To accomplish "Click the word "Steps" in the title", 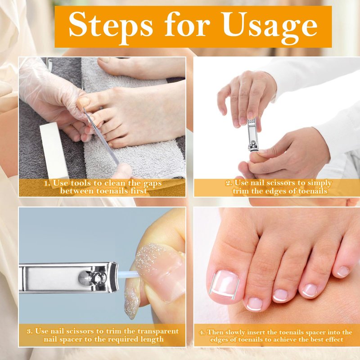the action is click(111, 25).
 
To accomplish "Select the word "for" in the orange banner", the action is click(187, 24).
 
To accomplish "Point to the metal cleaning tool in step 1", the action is click(101, 136).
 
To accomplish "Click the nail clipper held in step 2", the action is click(252, 135).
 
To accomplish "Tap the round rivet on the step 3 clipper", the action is click(83, 278).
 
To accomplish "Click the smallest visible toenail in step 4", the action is click(343, 271).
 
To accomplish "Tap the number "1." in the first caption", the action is click(47, 184).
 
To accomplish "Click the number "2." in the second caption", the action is click(229, 183).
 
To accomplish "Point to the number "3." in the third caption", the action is click(30, 331).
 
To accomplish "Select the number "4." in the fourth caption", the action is click(202, 332).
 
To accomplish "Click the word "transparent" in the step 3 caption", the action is click(158, 331).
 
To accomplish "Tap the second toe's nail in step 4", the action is click(254, 304).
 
